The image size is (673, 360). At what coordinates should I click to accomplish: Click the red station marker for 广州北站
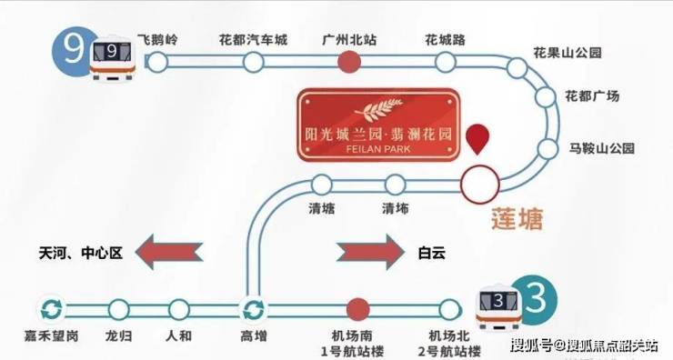pos(349,62)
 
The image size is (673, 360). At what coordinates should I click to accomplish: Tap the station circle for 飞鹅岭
pos(157,62)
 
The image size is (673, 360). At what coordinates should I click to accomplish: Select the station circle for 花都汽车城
pos(253,62)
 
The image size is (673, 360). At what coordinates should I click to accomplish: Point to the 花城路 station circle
pos(445,62)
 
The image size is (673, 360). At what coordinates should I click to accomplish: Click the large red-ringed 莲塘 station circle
pos(480,184)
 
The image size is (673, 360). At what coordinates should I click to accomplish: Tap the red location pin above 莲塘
pos(477,139)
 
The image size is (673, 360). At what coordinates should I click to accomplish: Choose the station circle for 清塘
pos(321,185)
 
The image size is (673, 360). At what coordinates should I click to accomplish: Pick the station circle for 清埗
pos(395,185)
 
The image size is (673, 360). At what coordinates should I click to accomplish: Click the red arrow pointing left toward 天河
pos(168,252)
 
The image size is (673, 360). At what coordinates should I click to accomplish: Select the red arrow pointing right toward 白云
pos(370,252)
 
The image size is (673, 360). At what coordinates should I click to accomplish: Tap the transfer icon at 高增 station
pos(253,310)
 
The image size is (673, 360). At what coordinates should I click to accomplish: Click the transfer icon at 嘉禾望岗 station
pos(52,309)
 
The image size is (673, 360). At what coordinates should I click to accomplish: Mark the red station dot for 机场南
pos(357,310)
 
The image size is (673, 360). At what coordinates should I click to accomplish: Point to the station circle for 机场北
pos(449,310)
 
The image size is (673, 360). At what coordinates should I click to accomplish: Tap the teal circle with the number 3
pos(536,299)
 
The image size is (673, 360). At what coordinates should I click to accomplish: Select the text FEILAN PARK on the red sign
pos(377,149)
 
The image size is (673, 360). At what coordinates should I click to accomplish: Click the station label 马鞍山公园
pos(602,149)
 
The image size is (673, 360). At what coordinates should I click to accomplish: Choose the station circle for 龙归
pos(118,310)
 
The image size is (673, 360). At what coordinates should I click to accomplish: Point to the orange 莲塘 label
pos(517,219)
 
